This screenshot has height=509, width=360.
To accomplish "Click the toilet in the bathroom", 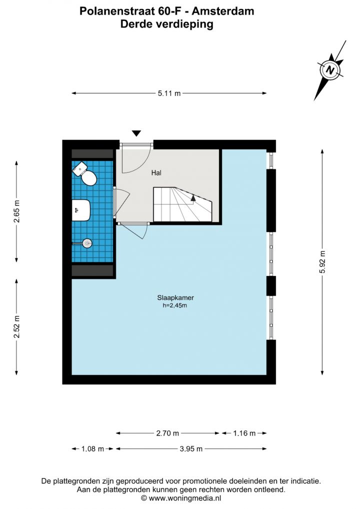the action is pyautogui.click(x=85, y=174).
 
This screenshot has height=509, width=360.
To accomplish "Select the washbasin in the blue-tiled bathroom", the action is pyautogui.click(x=81, y=210).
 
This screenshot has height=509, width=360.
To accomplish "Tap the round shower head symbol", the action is pyautogui.click(x=87, y=243).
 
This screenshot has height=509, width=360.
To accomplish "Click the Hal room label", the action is pyautogui.click(x=156, y=172).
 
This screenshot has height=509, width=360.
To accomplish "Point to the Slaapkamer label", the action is pyautogui.click(x=175, y=297).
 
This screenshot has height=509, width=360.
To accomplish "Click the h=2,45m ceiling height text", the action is pyautogui.click(x=174, y=305).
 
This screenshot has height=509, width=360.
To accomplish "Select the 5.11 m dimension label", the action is pyautogui.click(x=169, y=93).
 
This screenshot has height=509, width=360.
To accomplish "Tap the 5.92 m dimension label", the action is pyautogui.click(x=322, y=262).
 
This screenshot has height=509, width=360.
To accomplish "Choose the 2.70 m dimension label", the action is pyautogui.click(x=167, y=433).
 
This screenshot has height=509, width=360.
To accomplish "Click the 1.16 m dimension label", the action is pyautogui.click(x=244, y=433).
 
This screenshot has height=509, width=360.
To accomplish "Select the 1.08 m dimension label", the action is pyautogui.click(x=92, y=449).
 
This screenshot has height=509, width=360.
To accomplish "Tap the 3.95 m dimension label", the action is pyautogui.click(x=191, y=449).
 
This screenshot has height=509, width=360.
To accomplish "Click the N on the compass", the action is pyautogui.click(x=330, y=70).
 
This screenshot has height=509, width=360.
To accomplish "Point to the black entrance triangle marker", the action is pyautogui.click(x=136, y=133).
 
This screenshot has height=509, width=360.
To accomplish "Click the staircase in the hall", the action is pyautogui.click(x=182, y=204).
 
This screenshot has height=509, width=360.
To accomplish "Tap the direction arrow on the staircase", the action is pyautogui.click(x=193, y=198).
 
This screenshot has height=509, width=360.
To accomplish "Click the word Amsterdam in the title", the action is pyautogui.click(x=223, y=11).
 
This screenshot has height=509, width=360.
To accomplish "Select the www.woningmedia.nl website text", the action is pyautogui.click(x=185, y=497).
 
